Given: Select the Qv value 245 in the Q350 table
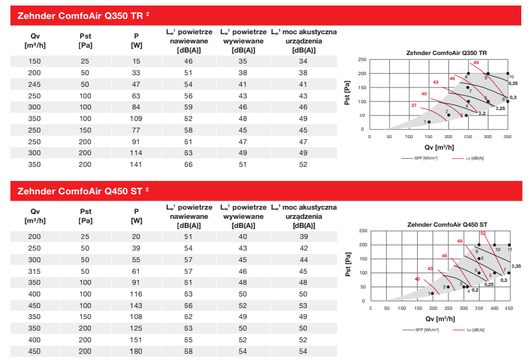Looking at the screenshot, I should pyautogui.click(x=34, y=84).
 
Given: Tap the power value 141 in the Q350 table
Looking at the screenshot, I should pyautogui.click(x=136, y=164).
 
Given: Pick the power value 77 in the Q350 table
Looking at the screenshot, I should pyautogui.click(x=136, y=130).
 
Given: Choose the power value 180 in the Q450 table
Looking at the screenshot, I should pyautogui.click(x=136, y=351).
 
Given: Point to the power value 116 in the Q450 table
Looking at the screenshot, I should pyautogui.click(x=136, y=294).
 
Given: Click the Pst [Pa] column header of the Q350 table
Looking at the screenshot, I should pyautogui.click(x=86, y=40).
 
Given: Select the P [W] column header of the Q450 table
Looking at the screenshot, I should pyautogui.click(x=136, y=216).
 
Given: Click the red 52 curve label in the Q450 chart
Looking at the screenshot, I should pyautogui.click(x=483, y=233).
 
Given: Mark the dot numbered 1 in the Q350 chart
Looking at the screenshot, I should pyautogui.click(x=429, y=122).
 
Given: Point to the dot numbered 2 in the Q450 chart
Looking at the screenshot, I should pyautogui.click(x=449, y=287).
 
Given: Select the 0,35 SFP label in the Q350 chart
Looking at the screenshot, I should pyautogui.click(x=513, y=83).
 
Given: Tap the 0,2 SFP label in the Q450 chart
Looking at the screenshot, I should pyautogui.click(x=475, y=290).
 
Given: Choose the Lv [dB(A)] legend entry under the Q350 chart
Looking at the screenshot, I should pyautogui.click(x=472, y=158).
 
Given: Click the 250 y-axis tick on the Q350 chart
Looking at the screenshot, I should pyautogui.click(x=362, y=59).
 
